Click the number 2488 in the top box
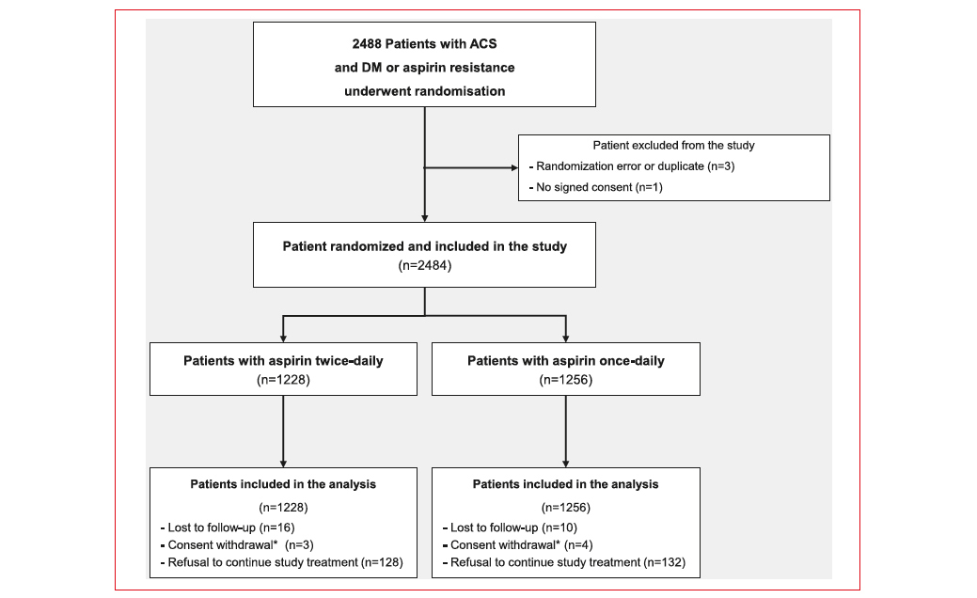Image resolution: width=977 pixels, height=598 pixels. [x=367, y=44]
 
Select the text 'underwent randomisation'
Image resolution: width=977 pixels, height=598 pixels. [x=424, y=91]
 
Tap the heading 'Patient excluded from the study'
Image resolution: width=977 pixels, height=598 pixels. [x=673, y=145]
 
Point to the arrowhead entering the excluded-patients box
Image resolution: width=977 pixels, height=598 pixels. [x=514, y=167]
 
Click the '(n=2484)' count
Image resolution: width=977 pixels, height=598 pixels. [x=424, y=265]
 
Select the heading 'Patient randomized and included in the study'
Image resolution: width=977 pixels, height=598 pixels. [x=424, y=246]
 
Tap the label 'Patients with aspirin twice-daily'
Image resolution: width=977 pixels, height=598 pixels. [x=283, y=361]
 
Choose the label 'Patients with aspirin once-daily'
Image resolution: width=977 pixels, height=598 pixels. [x=566, y=361]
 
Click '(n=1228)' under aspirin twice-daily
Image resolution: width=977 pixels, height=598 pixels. [x=283, y=379]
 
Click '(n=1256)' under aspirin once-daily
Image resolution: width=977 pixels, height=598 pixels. [x=566, y=379]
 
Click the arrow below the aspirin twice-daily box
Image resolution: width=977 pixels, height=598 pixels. [x=283, y=431]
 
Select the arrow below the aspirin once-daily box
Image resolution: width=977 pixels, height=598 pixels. [x=566, y=431]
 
